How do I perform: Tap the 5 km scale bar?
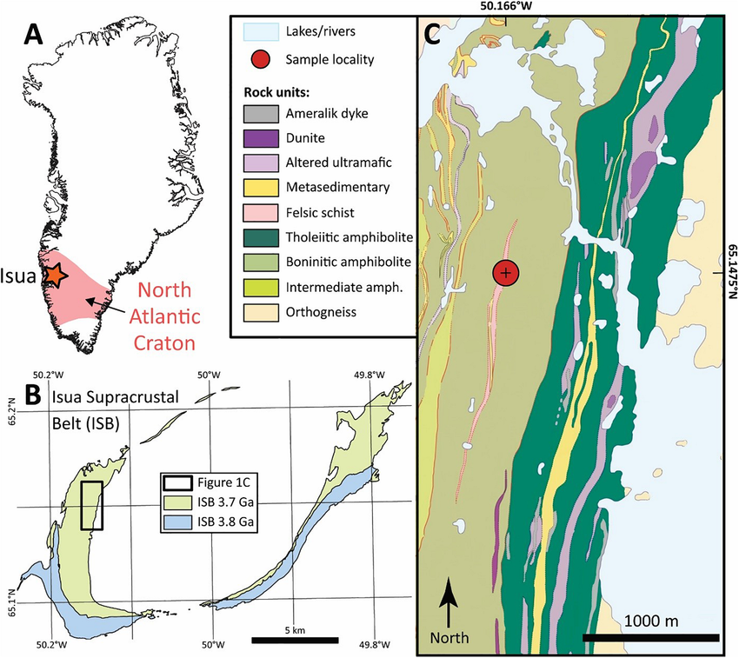point(295,641)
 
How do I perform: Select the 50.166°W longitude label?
point(505,6)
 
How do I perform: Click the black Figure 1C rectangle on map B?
point(91,505)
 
